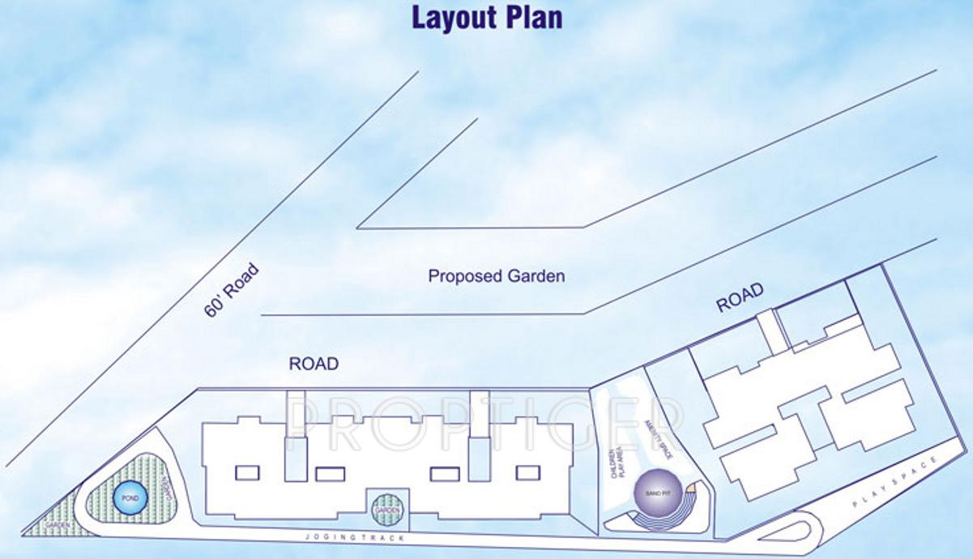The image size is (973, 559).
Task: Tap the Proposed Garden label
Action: pyautogui.click(x=496, y=276)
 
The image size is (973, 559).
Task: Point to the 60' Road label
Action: pyautogui.click(x=232, y=289)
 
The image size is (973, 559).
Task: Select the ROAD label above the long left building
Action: pyautogui.click(x=314, y=365)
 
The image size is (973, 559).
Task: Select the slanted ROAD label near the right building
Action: pyautogui.click(x=740, y=297)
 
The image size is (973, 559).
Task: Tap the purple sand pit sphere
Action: pyautogui.click(x=655, y=492)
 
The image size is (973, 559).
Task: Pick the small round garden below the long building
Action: pyautogui.click(x=387, y=510)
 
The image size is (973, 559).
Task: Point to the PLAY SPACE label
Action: pyautogui.click(x=895, y=483)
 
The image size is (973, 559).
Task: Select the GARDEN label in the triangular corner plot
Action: pyautogui.click(x=58, y=525)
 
